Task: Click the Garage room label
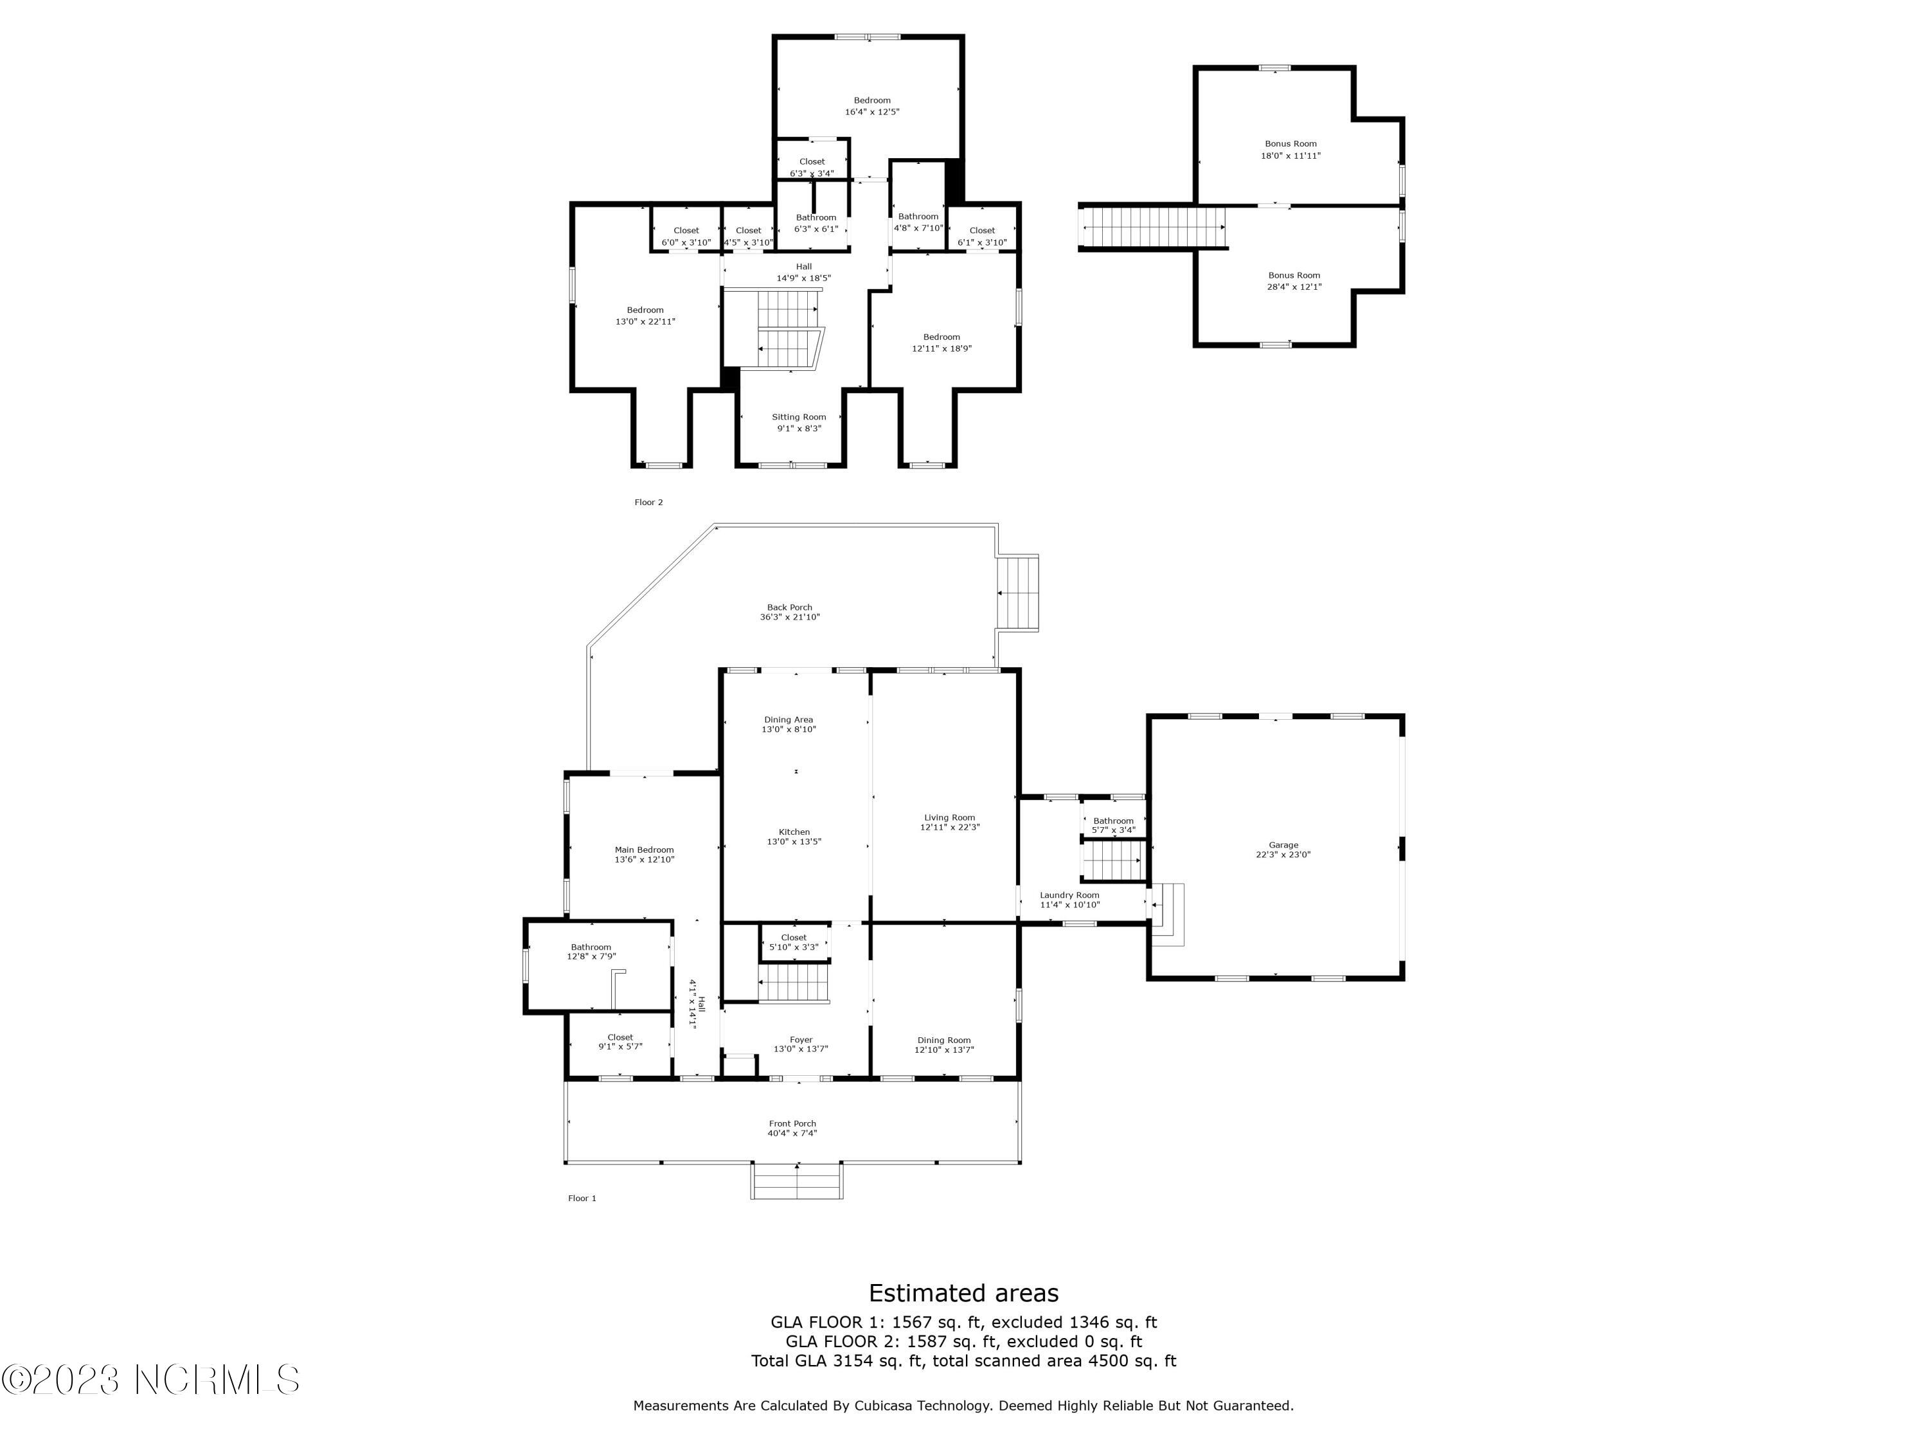click(x=1283, y=844)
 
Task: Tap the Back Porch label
click(x=790, y=607)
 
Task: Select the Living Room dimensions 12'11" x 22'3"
click(x=949, y=827)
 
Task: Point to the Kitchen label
click(x=794, y=832)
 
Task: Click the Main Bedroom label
click(x=644, y=850)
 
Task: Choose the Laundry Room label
click(x=1069, y=895)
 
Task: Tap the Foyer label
click(x=801, y=1040)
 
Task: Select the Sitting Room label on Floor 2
click(x=798, y=416)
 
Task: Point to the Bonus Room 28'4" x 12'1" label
click(x=1294, y=276)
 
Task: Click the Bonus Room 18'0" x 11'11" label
click(x=1291, y=144)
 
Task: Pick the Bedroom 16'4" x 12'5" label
click(x=871, y=100)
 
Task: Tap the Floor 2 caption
click(x=648, y=502)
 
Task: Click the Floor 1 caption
click(x=582, y=1199)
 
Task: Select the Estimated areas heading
click(x=963, y=1292)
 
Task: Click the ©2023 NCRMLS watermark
click(x=151, y=1380)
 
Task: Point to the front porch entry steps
click(x=797, y=1182)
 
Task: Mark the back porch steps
click(x=1018, y=593)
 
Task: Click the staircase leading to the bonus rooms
click(x=1152, y=228)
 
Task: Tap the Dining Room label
click(x=944, y=1040)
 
